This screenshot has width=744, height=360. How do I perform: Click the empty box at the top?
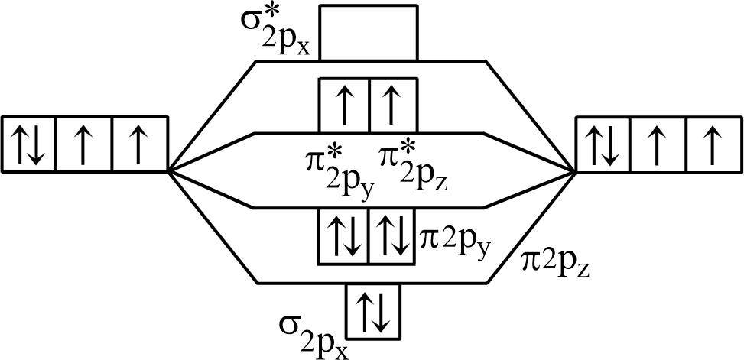click(x=368, y=31)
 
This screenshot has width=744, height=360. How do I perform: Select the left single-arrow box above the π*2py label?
click(x=343, y=105)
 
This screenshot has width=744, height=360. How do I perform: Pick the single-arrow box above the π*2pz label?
click(x=393, y=105)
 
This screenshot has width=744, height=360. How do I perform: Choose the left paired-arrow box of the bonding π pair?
click(x=343, y=236)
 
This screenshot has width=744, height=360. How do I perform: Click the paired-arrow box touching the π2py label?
click(x=393, y=236)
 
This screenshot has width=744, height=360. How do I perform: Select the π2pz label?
click(x=556, y=261)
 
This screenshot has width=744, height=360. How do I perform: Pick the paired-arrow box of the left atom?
click(x=29, y=143)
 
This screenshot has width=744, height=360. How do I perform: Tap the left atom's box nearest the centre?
click(x=139, y=143)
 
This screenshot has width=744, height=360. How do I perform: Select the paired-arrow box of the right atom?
click(x=601, y=143)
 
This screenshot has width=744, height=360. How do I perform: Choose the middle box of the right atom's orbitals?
click(x=656, y=143)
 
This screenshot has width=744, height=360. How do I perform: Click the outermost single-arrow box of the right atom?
click(x=711, y=143)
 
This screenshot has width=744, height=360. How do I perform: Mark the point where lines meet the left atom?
click(x=168, y=170)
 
